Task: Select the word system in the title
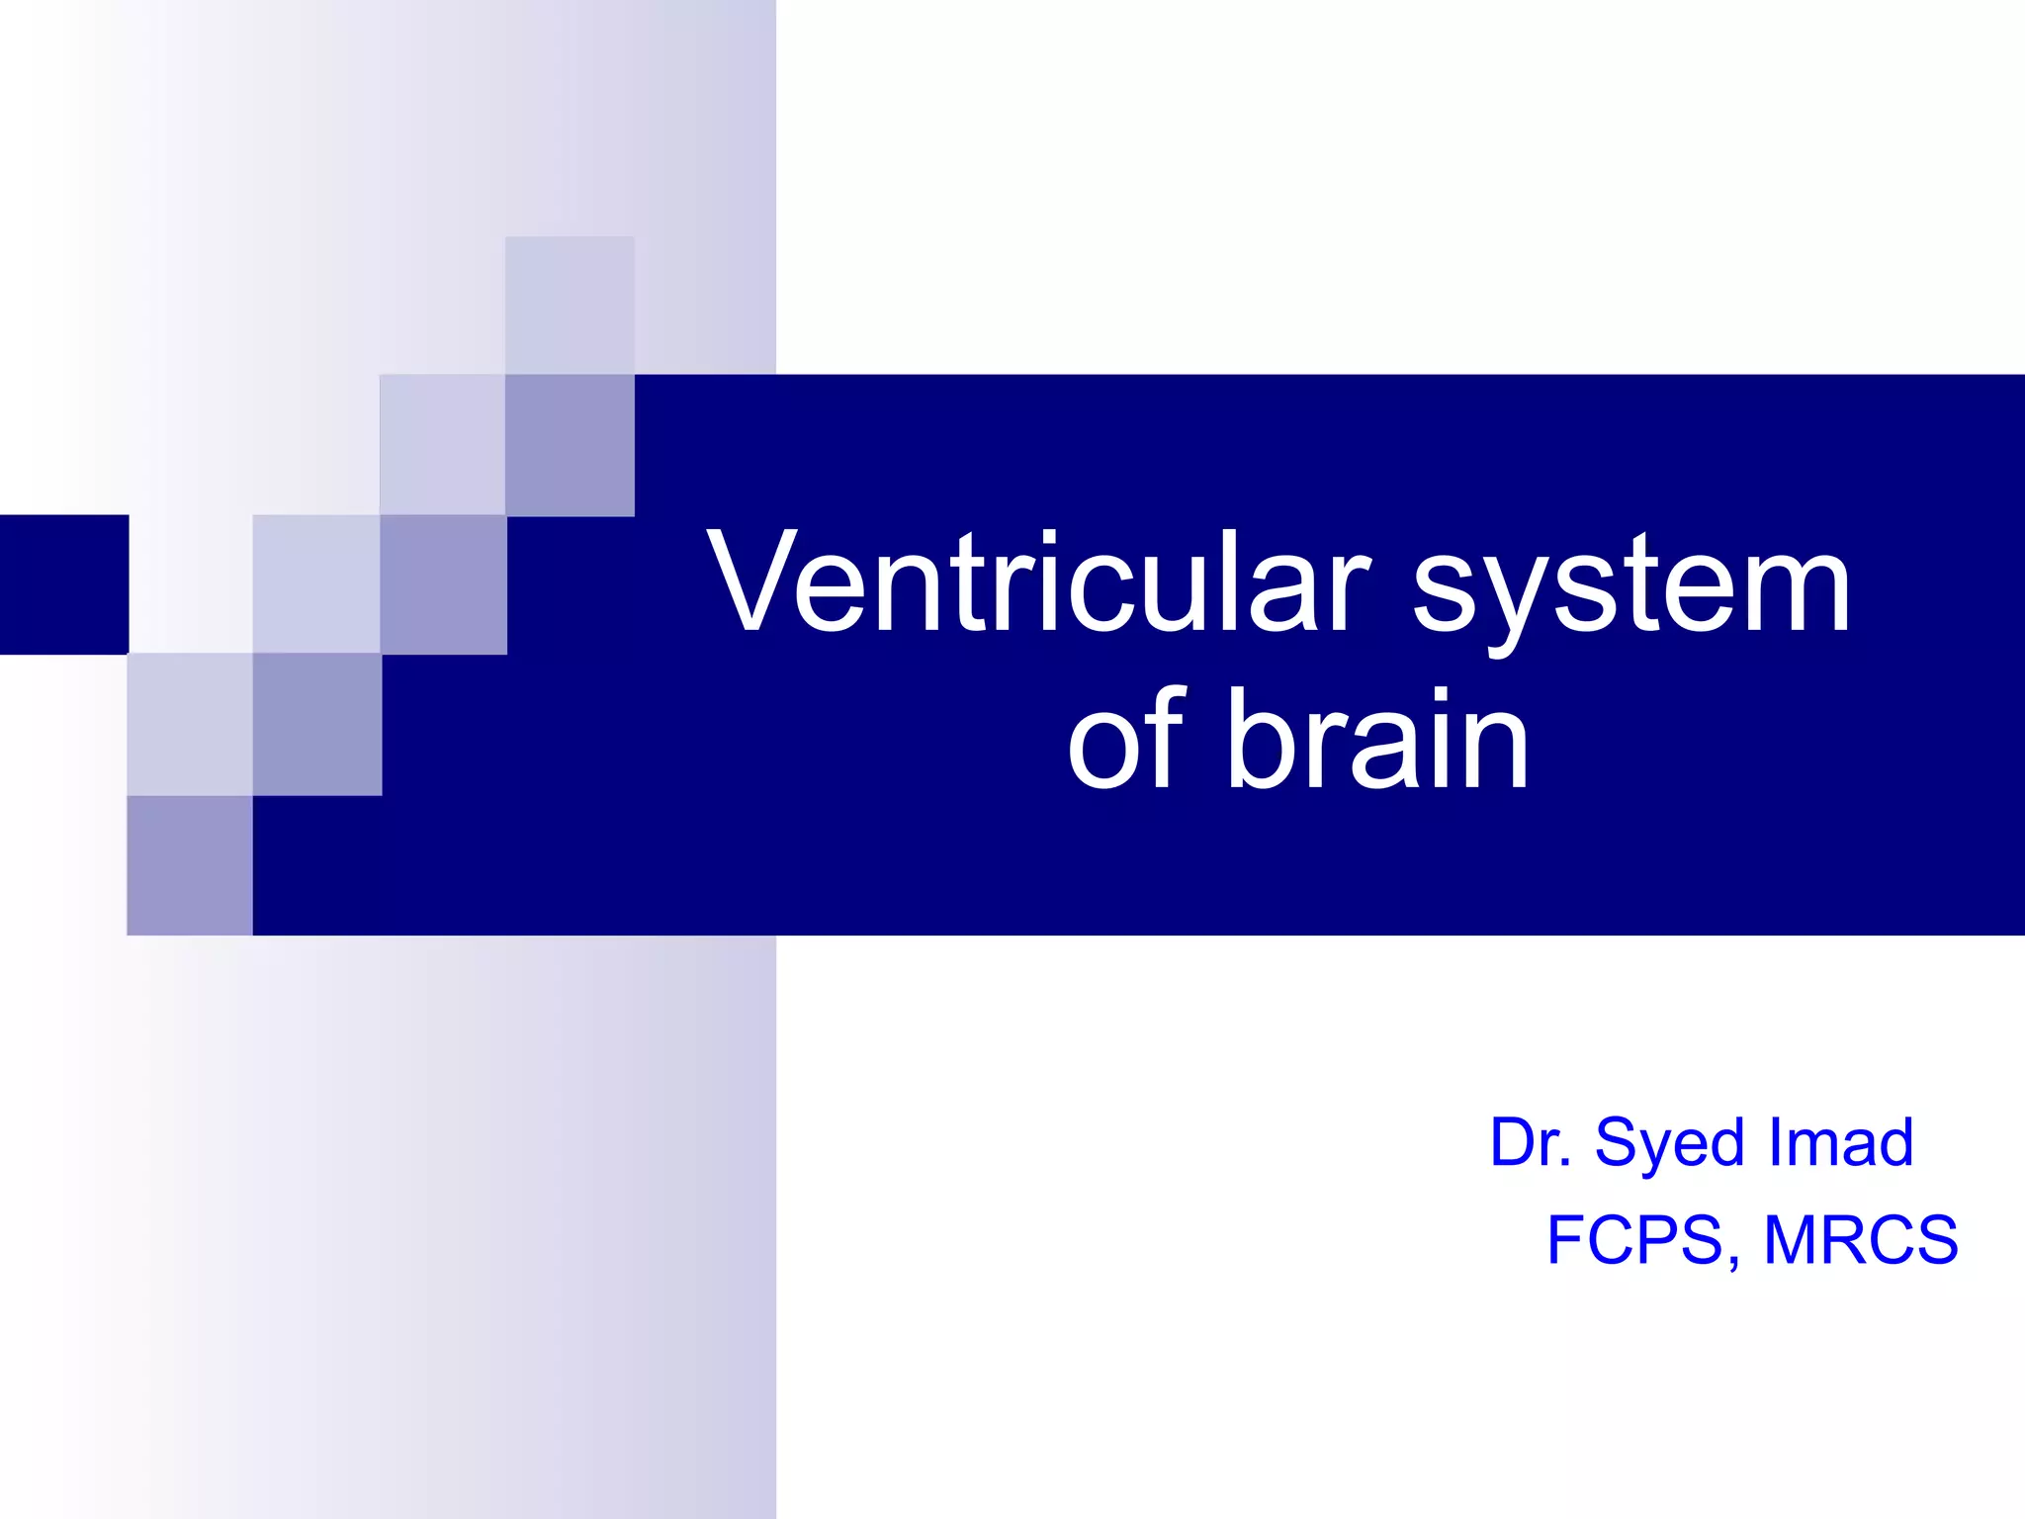click(x=1631, y=588)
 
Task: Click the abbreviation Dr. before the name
click(x=1531, y=1142)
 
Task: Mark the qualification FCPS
click(x=1635, y=1239)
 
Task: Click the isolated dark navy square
click(x=64, y=584)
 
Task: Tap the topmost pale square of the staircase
click(x=570, y=305)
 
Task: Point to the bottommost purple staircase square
click(x=190, y=865)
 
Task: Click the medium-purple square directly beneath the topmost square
click(x=570, y=445)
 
